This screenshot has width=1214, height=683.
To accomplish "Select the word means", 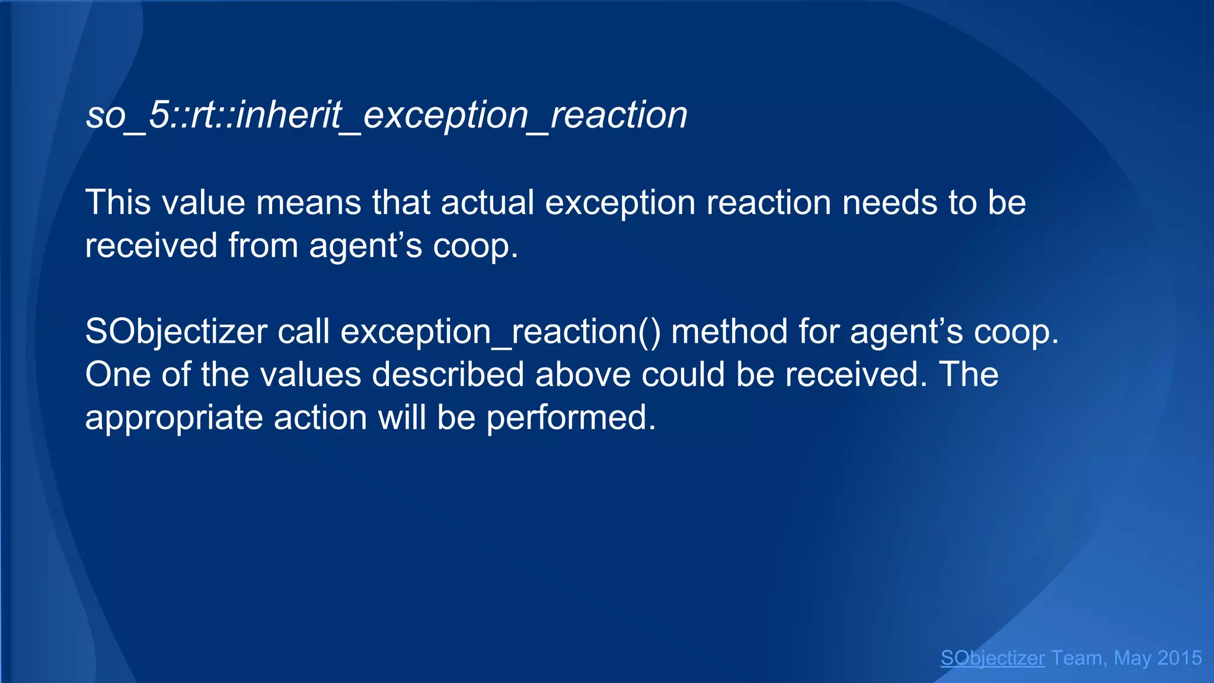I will (308, 202).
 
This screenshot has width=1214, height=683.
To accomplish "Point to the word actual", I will (487, 202).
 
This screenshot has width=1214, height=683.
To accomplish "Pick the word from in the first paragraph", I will (263, 245).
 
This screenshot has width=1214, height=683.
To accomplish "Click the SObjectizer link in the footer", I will (992, 658).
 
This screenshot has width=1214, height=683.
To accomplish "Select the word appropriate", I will (174, 418).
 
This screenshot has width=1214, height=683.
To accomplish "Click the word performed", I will (571, 418).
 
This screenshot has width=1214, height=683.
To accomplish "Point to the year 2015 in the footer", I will (1180, 658).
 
